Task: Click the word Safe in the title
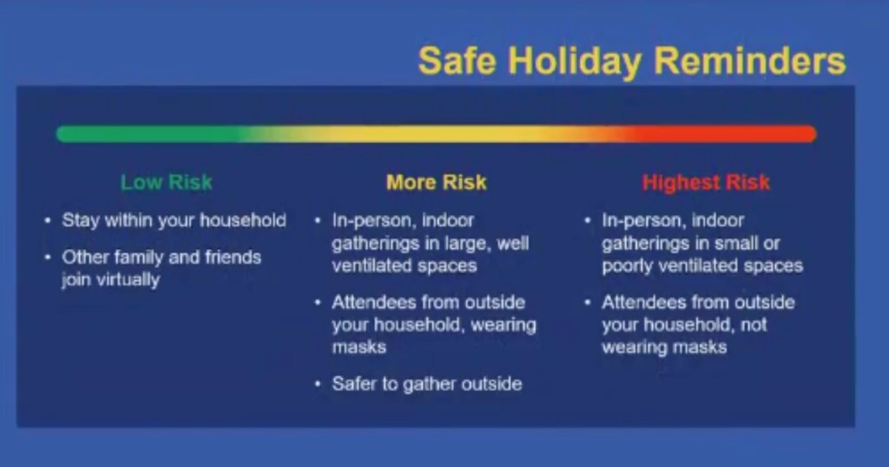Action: (x=457, y=60)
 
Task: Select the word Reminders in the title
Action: (x=749, y=60)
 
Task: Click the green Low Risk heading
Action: (x=167, y=182)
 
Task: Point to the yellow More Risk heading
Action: (x=437, y=182)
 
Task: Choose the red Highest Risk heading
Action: (x=706, y=182)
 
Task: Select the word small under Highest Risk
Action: (x=728, y=243)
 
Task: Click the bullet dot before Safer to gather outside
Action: (x=318, y=385)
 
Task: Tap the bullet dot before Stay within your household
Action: (x=48, y=220)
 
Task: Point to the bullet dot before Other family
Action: (x=48, y=257)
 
